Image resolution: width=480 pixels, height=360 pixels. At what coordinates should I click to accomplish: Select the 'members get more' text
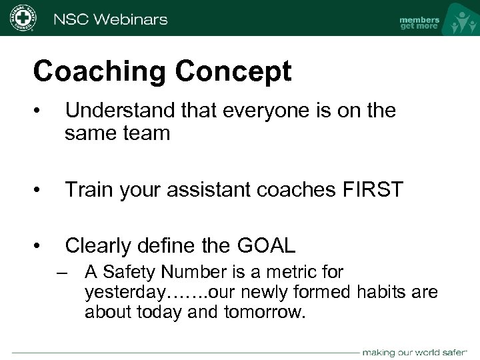click(419, 23)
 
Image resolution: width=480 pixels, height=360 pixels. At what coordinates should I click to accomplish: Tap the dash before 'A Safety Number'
click(63, 273)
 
